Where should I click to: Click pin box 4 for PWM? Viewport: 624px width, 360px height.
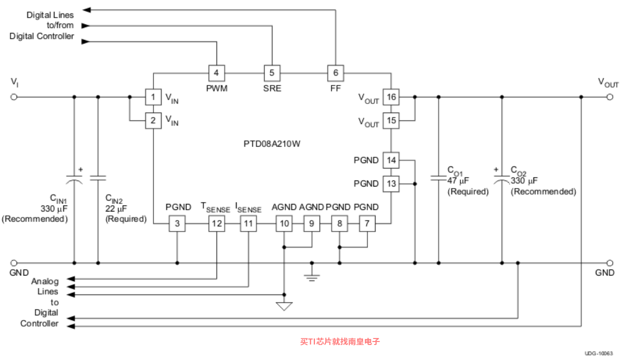tap(216, 73)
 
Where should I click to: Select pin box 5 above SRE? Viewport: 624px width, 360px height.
tap(272, 73)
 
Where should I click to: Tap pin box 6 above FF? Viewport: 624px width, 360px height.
tap(335, 73)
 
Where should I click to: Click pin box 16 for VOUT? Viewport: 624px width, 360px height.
tap(391, 97)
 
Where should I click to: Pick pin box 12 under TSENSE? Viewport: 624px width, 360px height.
tap(216, 223)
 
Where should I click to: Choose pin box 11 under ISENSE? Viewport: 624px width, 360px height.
tap(248, 223)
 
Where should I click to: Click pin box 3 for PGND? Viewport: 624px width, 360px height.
tap(177, 223)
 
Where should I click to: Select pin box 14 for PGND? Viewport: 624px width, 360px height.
tap(391, 160)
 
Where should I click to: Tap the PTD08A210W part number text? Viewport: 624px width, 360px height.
tap(272, 144)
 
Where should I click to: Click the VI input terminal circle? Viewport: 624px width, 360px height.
tap(13, 97)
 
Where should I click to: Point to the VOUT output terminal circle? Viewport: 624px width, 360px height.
tap(610, 97)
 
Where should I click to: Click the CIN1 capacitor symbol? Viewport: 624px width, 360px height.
tap(74, 178)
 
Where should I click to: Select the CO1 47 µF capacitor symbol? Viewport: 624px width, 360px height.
tap(438, 178)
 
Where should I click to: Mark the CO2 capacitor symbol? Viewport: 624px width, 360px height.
tap(501, 178)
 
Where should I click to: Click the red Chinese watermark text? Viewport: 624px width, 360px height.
tap(340, 341)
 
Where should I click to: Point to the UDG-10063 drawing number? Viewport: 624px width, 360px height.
tap(598, 353)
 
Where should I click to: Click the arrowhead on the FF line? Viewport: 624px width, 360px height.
tap(86, 10)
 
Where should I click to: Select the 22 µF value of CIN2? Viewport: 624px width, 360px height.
tap(116, 208)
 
